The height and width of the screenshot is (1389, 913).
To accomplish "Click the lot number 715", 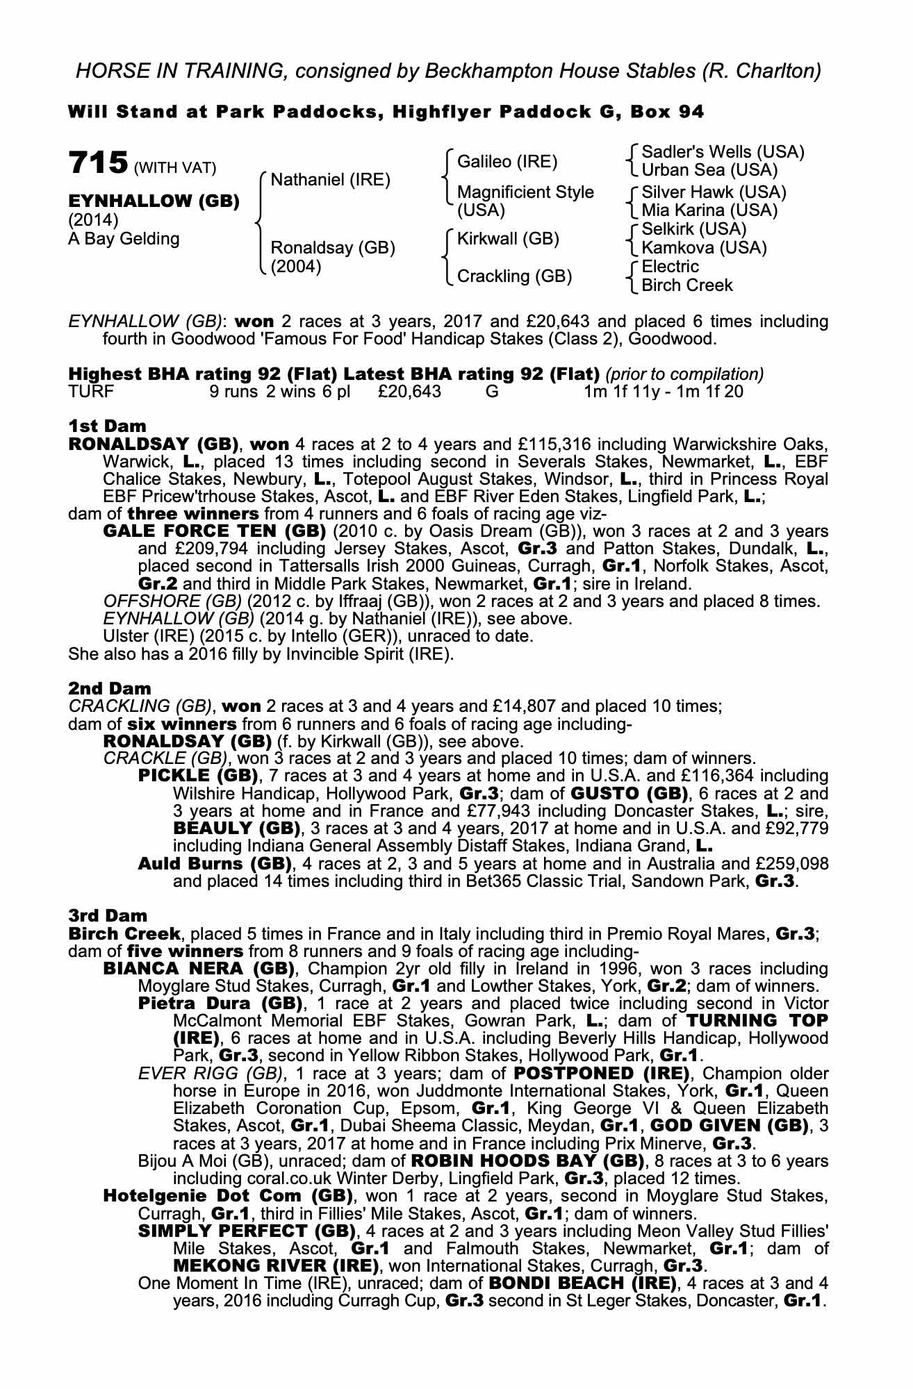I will click(98, 163).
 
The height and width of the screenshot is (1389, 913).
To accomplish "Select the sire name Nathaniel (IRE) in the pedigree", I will click(330, 181).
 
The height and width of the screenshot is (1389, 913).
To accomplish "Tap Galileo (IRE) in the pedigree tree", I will click(507, 163).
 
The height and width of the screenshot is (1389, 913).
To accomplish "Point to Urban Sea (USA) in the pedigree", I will click(709, 170).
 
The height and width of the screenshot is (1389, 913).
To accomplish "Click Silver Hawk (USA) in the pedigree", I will click(714, 192).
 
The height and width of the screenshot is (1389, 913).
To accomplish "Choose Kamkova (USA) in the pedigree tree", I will click(704, 248).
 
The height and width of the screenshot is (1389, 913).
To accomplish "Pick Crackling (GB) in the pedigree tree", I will click(514, 276).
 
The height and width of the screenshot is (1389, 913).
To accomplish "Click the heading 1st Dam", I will click(107, 425).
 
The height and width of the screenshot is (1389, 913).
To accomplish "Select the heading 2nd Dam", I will click(109, 688).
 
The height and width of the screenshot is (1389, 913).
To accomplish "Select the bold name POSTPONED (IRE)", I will click(602, 1072).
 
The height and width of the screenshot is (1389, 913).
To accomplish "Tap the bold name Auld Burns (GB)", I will click(214, 864).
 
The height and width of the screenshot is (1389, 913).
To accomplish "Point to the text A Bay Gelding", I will click(124, 239).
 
